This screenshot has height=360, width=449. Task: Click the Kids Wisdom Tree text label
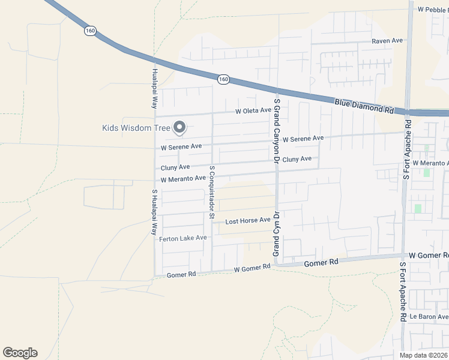pos(136,127)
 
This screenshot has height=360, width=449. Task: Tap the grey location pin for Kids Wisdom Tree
pos(179,127)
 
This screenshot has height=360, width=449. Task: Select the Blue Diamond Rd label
pos(364,106)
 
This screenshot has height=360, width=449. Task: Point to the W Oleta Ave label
pos(253,110)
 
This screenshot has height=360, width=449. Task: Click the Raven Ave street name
pos(387,41)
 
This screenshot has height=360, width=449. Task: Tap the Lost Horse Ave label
pos(247,221)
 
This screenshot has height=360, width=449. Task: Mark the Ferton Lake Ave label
pos(182,238)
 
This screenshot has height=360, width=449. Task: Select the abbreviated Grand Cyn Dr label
pos(277,234)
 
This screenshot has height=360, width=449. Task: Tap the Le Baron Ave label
pos(429,316)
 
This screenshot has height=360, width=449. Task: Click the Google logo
pos(20,353)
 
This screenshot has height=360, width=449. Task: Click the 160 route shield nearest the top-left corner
pos(90,31)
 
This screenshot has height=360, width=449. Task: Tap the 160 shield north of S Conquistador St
pos(223,79)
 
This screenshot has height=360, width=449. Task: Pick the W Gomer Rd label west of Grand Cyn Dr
pos(252,268)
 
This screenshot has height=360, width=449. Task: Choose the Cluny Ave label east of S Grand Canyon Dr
pos(297,159)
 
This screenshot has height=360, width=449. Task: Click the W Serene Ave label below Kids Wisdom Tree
pos(181,147)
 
